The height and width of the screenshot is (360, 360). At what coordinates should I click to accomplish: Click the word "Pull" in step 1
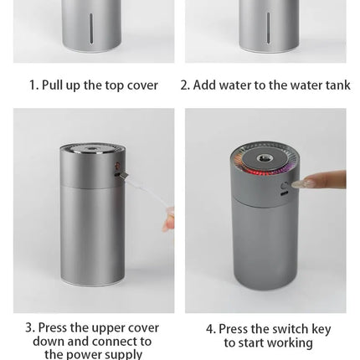(53, 85)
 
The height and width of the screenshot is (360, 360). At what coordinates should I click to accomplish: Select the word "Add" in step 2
(205, 85)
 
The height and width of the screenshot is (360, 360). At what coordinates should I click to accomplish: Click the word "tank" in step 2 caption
(338, 85)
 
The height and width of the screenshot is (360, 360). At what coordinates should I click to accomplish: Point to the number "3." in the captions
(30, 327)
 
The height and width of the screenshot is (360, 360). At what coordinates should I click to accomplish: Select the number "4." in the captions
(211, 329)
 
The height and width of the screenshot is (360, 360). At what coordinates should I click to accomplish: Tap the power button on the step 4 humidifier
(285, 185)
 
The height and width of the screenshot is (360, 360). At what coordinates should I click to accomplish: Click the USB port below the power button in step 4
(285, 193)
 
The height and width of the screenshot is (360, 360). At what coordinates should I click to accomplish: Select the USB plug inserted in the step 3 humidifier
(121, 175)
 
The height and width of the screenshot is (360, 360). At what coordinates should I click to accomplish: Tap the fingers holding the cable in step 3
(168, 220)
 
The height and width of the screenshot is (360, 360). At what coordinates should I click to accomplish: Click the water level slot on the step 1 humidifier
(91, 28)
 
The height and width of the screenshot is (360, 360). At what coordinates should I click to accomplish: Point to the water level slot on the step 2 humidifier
(268, 28)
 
